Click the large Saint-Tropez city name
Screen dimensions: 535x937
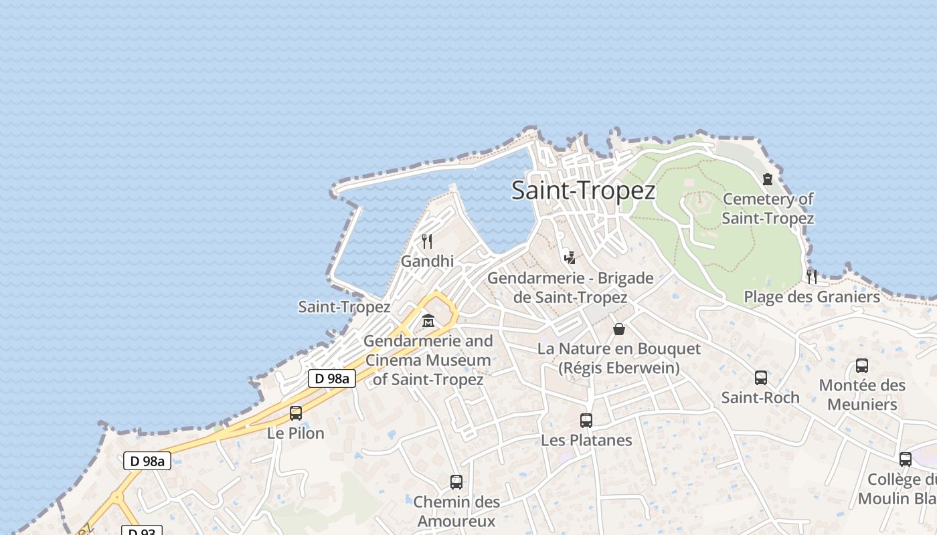click(583, 191)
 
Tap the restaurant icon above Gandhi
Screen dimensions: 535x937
click(427, 241)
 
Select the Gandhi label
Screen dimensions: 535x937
click(427, 261)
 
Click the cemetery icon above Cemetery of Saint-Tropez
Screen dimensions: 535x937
click(767, 179)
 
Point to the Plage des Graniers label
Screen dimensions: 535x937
click(812, 297)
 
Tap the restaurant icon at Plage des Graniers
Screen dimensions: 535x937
click(812, 276)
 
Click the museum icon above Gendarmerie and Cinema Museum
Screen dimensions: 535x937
click(428, 321)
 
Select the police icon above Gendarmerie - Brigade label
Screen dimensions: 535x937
click(570, 257)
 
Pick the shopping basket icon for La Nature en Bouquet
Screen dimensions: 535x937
click(619, 329)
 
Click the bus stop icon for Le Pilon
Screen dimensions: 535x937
click(296, 413)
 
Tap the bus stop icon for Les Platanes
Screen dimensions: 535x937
click(586, 421)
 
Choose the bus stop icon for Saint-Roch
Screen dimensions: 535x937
click(761, 378)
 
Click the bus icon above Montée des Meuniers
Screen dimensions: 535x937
click(862, 366)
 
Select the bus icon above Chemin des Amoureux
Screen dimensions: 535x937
click(456, 482)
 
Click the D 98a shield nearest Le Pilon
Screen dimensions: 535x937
click(332, 379)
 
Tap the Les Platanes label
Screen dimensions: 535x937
click(586, 440)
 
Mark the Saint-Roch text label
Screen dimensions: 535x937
click(760, 397)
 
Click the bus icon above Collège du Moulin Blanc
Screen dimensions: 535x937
click(906, 459)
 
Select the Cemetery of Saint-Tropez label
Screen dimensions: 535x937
click(768, 209)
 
